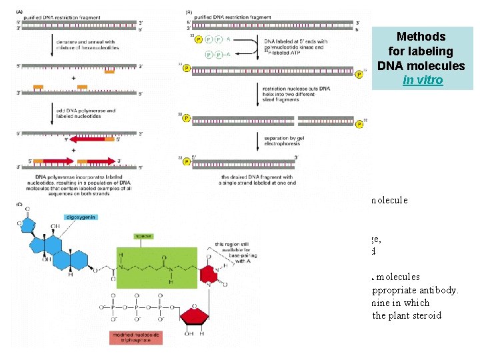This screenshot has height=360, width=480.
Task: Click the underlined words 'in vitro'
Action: point(423,79)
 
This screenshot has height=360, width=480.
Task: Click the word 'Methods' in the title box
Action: point(421,37)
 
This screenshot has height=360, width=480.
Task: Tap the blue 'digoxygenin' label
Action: point(82,217)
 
